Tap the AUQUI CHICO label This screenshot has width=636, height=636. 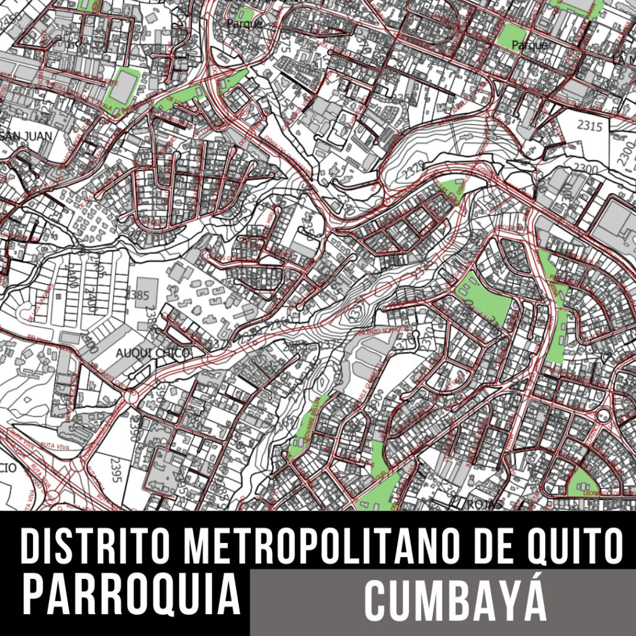(x=152, y=353)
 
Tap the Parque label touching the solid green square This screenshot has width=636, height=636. (x=529, y=45)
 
